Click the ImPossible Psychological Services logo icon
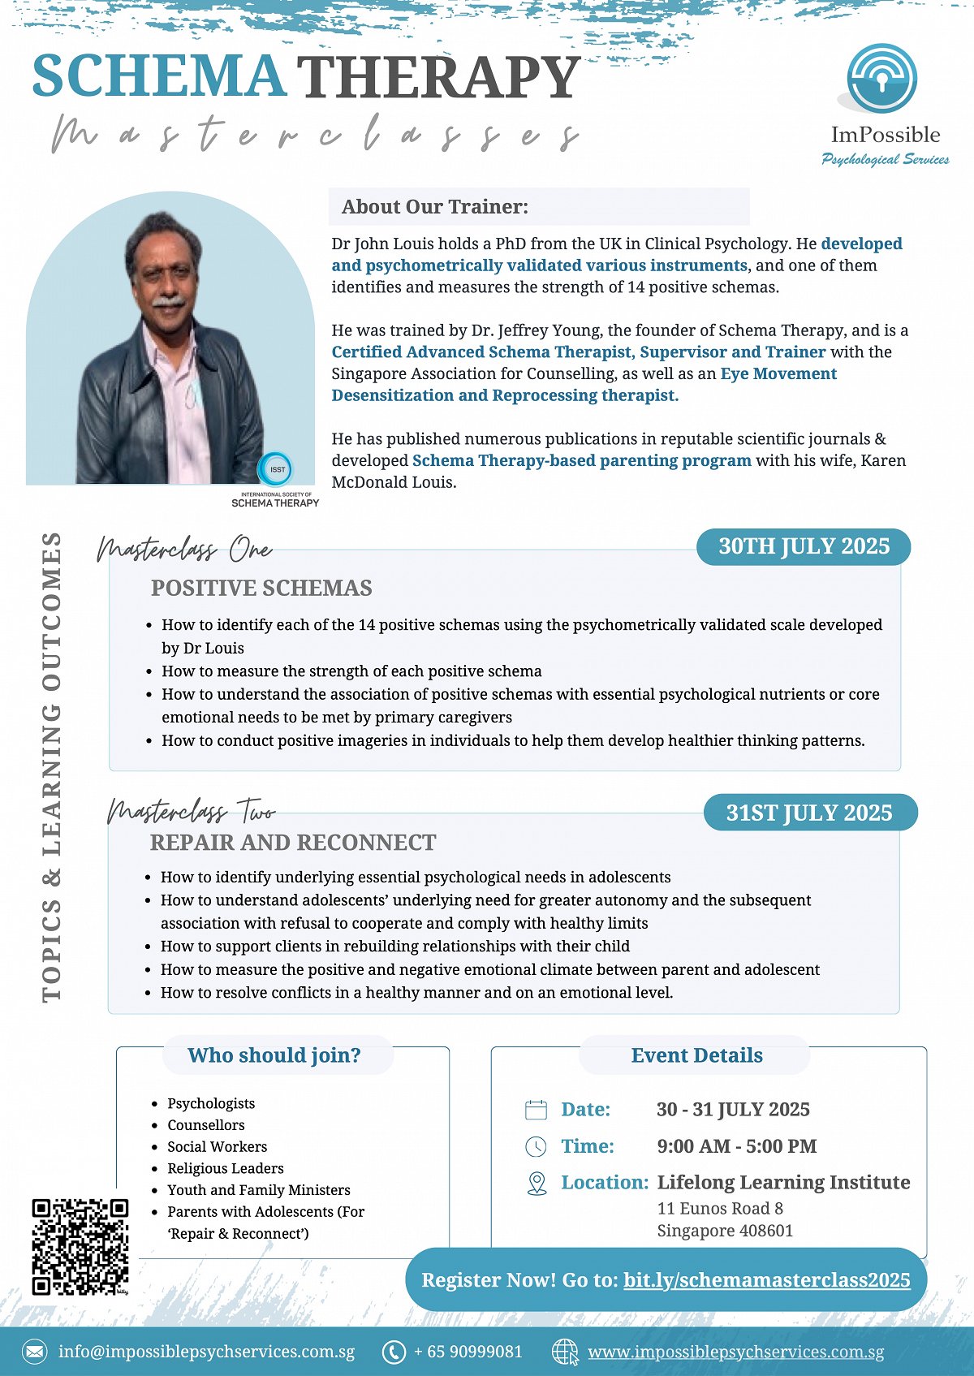882,79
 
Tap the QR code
80,1246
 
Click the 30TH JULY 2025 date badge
804,546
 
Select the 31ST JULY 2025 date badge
809,813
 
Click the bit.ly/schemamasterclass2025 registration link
766,1280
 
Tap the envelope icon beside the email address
35,1352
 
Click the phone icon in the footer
394,1352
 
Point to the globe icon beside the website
565,1352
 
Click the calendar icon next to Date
537,1110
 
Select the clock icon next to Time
537,1146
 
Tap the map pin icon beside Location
537,1183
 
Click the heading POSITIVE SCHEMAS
261,588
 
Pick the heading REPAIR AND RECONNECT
293,843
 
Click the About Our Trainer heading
435,207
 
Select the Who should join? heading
274,1055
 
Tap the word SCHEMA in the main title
159,76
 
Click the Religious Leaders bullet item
226,1168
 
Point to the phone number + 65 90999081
468,1352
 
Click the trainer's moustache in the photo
168,301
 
